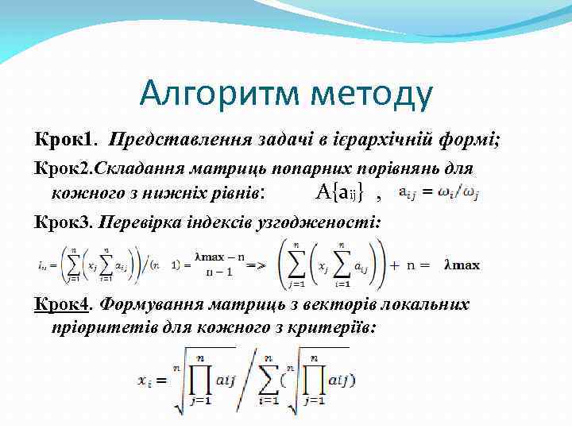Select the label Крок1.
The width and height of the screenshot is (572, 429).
64,139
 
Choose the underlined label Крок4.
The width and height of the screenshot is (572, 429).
64,304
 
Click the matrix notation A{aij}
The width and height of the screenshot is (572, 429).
342,191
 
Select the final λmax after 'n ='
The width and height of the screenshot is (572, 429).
462,265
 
